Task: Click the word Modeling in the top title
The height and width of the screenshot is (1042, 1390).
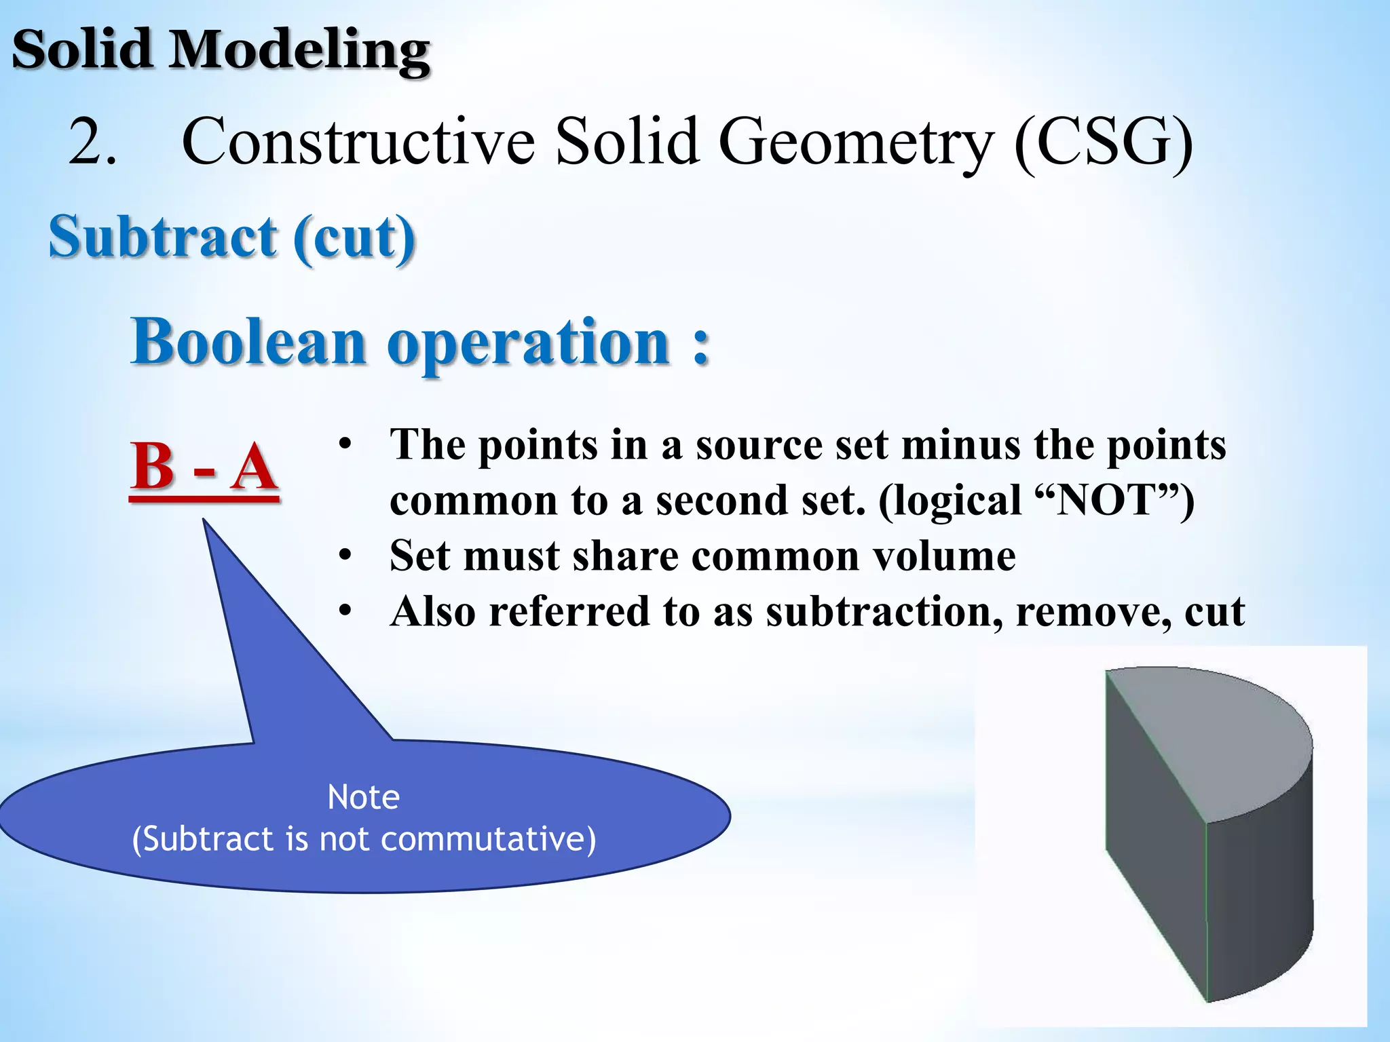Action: point(299,51)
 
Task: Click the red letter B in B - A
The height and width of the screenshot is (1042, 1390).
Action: point(153,467)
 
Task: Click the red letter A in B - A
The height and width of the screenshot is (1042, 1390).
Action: point(254,467)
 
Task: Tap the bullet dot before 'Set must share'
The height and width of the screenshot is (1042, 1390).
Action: point(345,556)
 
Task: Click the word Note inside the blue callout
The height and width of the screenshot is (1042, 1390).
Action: point(363,797)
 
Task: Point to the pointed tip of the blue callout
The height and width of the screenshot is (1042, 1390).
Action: point(204,522)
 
